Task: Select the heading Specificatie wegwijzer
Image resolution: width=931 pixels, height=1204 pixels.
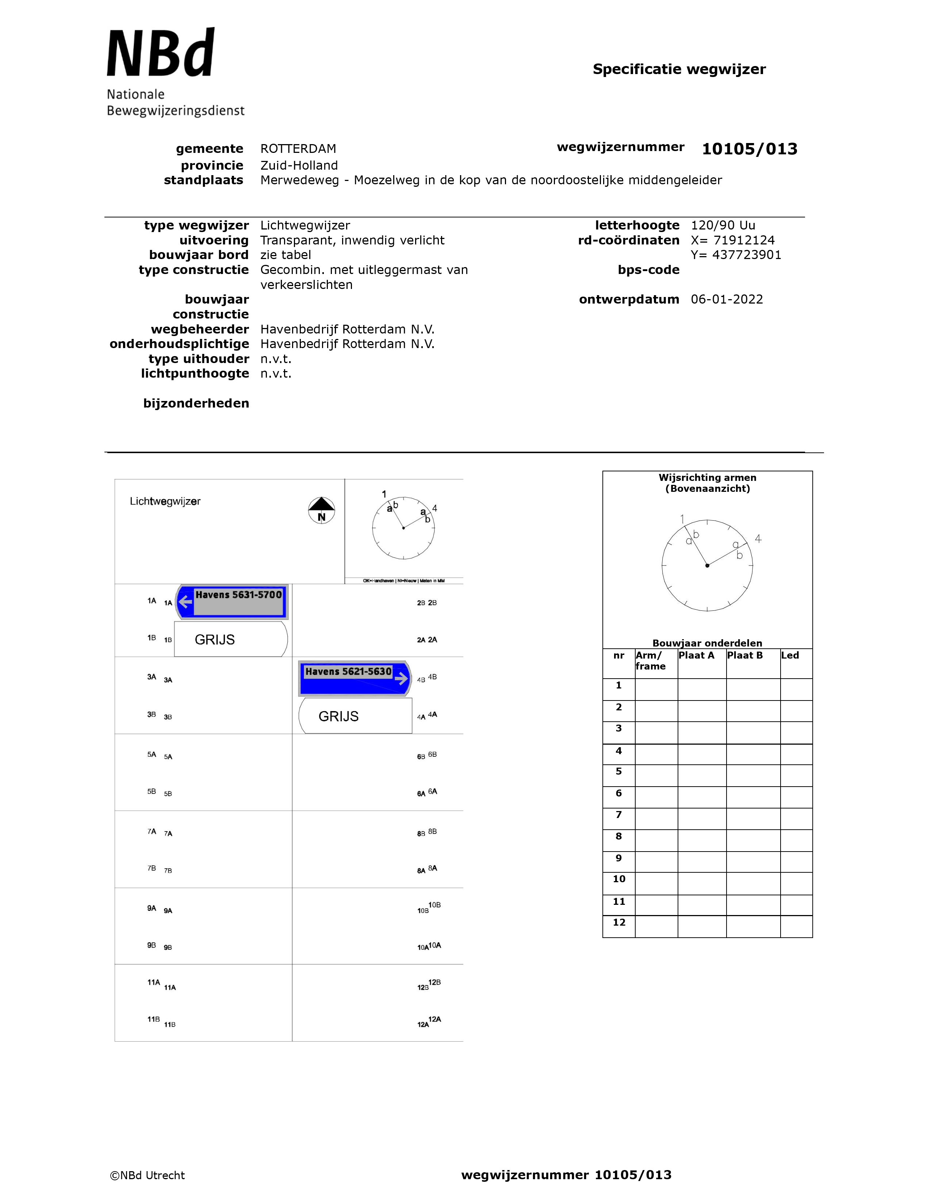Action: [679, 69]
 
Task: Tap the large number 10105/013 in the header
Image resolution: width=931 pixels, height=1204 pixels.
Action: [749, 149]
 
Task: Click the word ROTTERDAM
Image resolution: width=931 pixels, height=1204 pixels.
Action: [298, 149]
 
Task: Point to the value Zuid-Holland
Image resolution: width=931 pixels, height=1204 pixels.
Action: [299, 165]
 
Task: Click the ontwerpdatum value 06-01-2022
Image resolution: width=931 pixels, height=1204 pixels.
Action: [727, 299]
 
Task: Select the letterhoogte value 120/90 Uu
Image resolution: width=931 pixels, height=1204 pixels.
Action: [723, 225]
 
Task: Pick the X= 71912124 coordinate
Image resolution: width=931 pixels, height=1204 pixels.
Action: [732, 240]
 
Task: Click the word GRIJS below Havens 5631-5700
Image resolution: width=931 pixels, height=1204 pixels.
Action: [215, 640]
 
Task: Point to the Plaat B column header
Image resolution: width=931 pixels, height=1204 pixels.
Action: [744, 656]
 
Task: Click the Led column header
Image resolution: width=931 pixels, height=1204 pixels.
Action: [790, 656]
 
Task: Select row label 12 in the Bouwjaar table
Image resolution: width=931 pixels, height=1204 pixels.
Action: [619, 922]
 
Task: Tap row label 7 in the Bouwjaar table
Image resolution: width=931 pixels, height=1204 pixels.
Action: [619, 814]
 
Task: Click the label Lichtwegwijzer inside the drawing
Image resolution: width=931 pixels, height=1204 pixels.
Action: [165, 501]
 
